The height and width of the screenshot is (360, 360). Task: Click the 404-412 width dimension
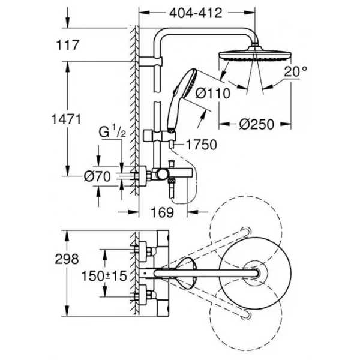coord(196,13)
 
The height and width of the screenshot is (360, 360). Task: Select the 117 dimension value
coord(68,45)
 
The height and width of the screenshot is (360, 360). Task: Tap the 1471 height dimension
coord(66,119)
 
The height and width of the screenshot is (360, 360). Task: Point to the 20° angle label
coord(295,71)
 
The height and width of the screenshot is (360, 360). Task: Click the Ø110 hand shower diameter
coord(212,94)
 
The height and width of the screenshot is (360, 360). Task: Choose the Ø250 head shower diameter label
coord(256,124)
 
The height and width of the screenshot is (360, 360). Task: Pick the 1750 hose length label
coord(202,145)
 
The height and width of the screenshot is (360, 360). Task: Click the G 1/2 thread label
coord(112,131)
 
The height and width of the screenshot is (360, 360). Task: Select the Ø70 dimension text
coord(97,176)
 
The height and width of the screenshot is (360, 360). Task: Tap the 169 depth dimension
coord(163,212)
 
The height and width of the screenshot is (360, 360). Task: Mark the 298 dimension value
coord(67,259)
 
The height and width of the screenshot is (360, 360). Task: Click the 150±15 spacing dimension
coord(104,276)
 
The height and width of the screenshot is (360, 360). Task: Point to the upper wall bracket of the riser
coord(151,61)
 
